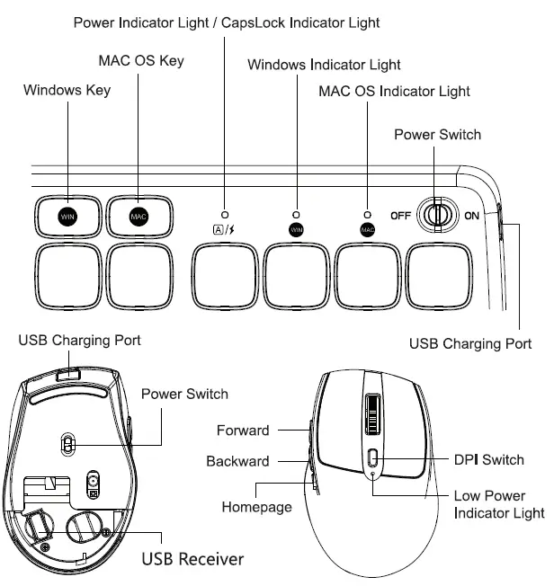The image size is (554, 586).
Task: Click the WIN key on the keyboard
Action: pos(67,216)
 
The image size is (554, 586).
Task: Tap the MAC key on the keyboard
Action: pos(138,216)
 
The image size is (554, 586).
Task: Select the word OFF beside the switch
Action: pos(401,216)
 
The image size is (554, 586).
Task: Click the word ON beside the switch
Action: pos(471,216)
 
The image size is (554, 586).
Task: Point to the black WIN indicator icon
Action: pos(296,229)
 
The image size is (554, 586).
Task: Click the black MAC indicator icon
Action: pos(367,229)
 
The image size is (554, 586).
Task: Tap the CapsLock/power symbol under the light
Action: pos(224,229)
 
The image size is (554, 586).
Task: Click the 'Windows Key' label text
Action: pos(67,90)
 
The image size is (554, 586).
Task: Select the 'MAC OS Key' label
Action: pos(140,60)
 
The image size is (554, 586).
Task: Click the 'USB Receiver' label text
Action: pos(192,559)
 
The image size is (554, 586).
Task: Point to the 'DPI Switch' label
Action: pos(488,459)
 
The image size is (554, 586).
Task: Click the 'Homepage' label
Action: pos(256,507)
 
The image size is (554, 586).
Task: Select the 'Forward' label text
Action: pos(243,431)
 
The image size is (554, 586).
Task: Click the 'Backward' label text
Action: pos(237,461)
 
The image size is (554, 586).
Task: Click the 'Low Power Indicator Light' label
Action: pos(499,504)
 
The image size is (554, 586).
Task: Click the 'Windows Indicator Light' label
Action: pos(324,65)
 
